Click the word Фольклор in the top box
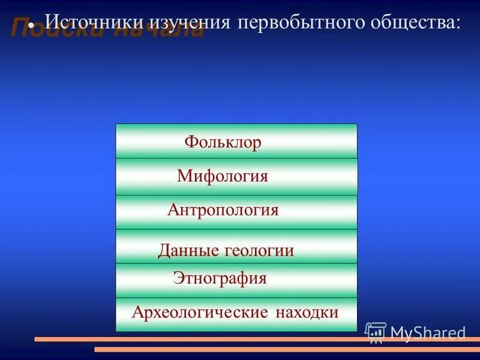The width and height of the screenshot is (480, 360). coord(223,143)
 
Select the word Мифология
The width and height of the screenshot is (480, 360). coord(223,176)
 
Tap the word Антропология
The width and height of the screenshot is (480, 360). coord(223,211)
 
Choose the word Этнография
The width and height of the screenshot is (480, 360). coord(220,278)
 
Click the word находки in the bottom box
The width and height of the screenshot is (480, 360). coord(307,313)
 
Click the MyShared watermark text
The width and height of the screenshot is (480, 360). coord(428,333)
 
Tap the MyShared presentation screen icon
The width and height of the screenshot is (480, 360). coord(376,332)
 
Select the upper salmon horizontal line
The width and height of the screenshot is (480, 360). coord(198,340)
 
